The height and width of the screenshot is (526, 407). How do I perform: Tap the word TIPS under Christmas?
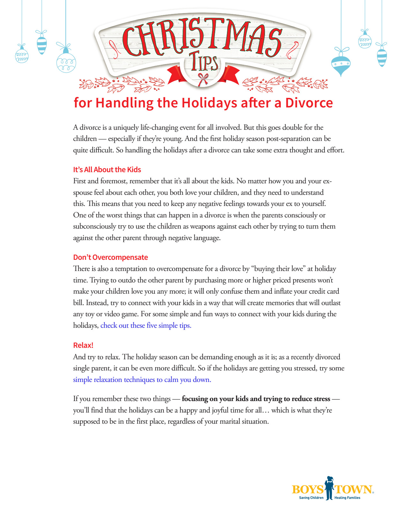pyautogui.click(x=205, y=62)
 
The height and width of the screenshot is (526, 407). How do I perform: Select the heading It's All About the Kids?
pyautogui.click(x=107, y=170)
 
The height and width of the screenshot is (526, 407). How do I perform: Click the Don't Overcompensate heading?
pyautogui.click(x=110, y=257)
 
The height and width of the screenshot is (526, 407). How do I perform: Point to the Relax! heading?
pyautogui.click(x=83, y=345)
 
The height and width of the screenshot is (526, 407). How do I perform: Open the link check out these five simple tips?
pyautogui.click(x=146, y=325)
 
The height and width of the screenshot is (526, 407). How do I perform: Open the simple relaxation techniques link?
pyautogui.click(x=142, y=380)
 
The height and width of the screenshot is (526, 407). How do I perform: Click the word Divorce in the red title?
pyautogui.click(x=309, y=103)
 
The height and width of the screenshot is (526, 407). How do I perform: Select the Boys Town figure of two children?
pyautogui.click(x=329, y=488)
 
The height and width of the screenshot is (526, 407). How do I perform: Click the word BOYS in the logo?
pyautogui.click(x=307, y=489)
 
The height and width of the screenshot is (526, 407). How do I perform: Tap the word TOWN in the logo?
pyautogui.click(x=353, y=489)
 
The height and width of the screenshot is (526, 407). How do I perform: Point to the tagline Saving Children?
pyautogui.click(x=311, y=498)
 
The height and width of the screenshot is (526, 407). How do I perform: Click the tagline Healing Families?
pyautogui.click(x=347, y=498)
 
